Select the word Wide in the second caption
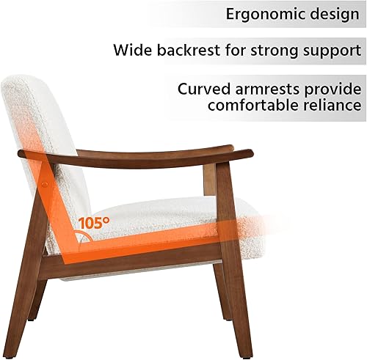click(133, 51)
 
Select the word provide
click(336, 89)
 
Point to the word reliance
click(331, 106)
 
